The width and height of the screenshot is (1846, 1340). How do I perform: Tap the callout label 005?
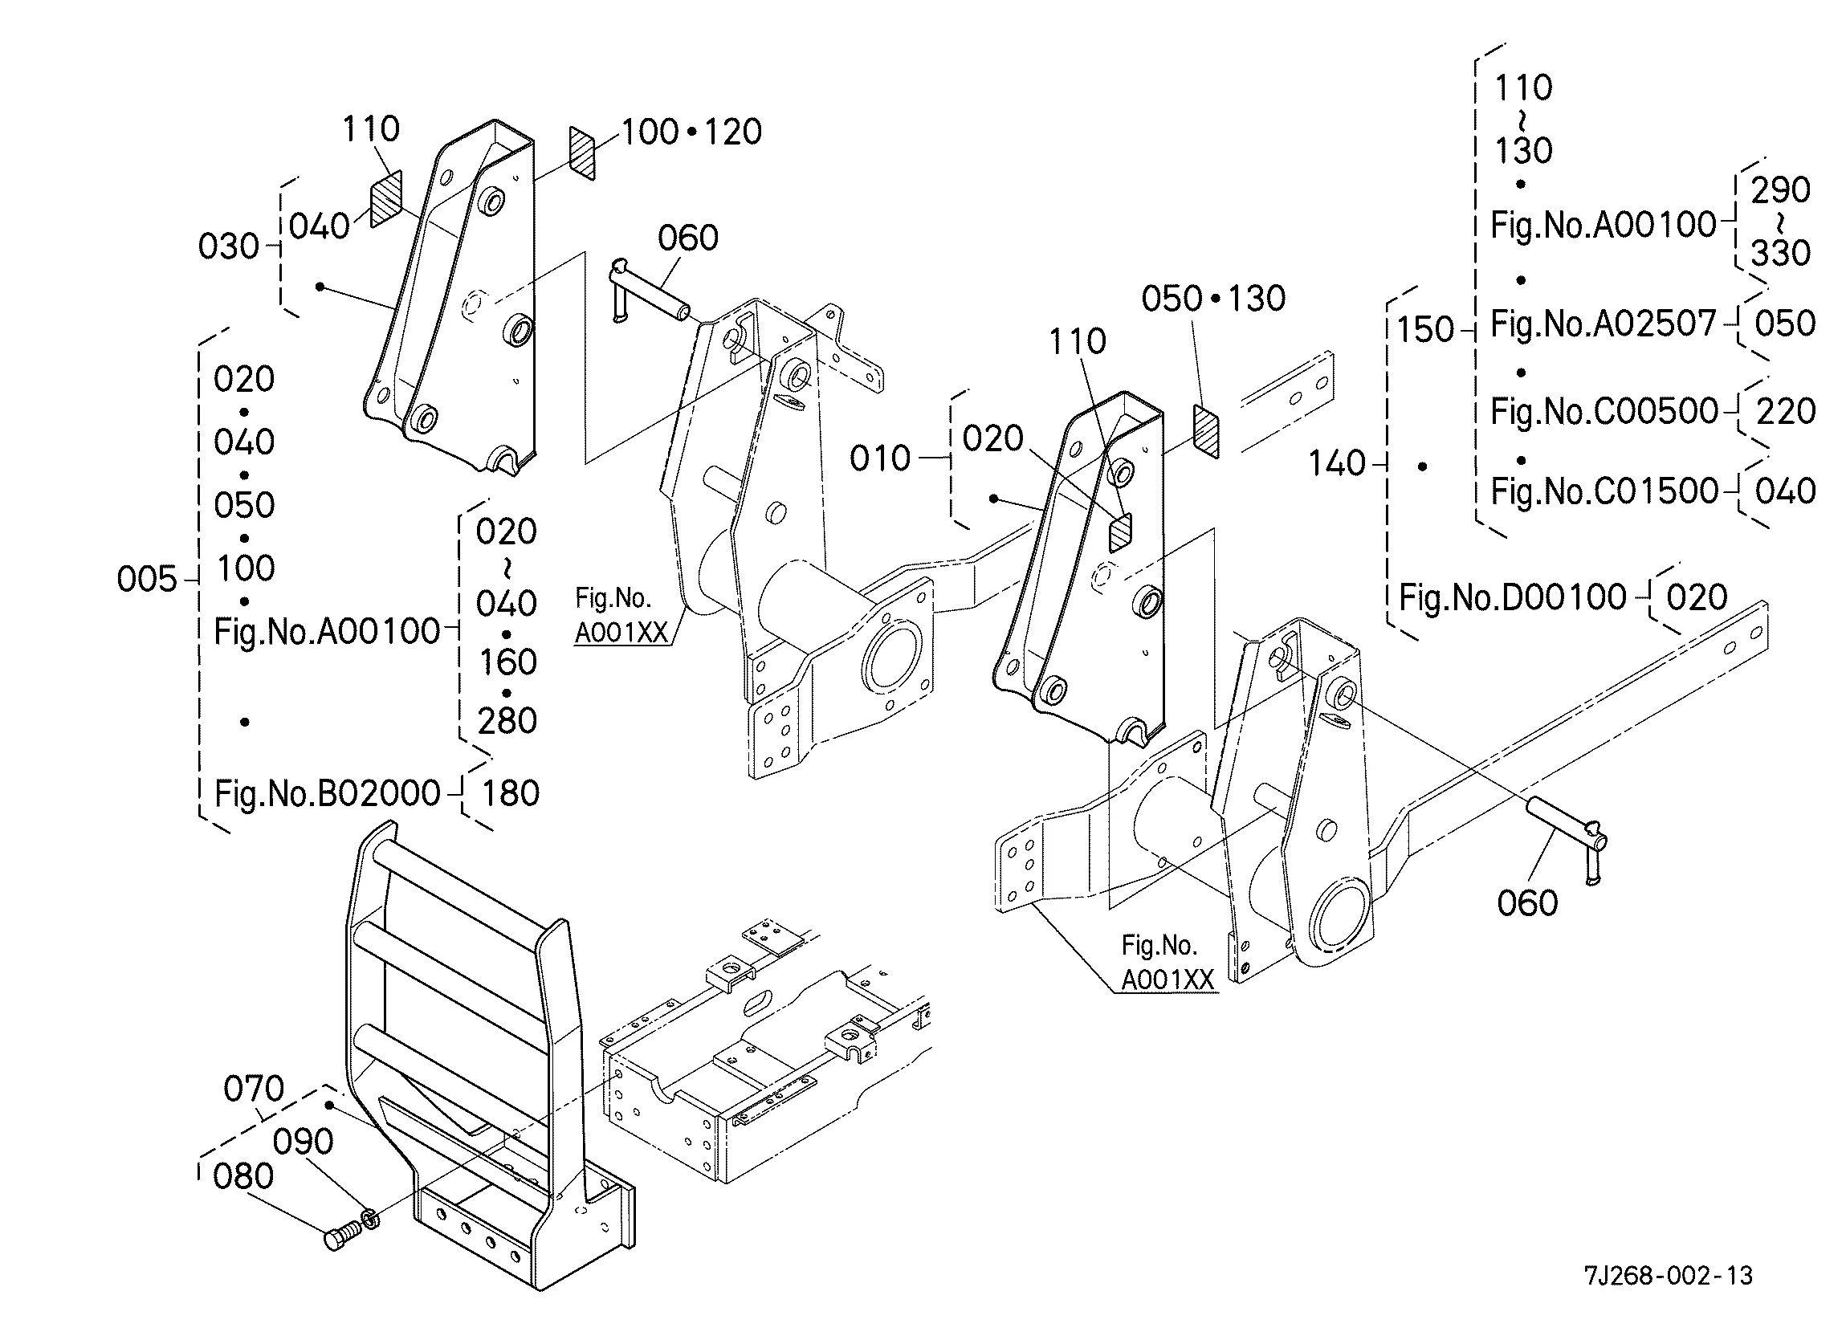[x=146, y=580]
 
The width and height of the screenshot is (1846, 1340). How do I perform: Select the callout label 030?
[x=229, y=246]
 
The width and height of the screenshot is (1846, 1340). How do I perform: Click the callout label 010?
[x=880, y=459]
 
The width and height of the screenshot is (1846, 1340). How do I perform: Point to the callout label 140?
[x=1336, y=464]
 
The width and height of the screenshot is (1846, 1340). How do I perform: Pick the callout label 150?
[x=1425, y=330]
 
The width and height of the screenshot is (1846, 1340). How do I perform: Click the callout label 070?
[x=254, y=1089]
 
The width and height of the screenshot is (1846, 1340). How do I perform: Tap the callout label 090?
[x=303, y=1142]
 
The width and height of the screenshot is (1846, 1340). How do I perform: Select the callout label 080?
[x=243, y=1176]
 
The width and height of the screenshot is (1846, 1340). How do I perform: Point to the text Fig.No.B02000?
[x=327, y=793]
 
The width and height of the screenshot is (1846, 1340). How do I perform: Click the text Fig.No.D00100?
[x=1512, y=597]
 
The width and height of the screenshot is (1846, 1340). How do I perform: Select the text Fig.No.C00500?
[x=1604, y=411]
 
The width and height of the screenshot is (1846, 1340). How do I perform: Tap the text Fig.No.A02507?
[x=1604, y=324]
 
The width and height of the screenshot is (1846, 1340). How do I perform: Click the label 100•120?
[x=692, y=132]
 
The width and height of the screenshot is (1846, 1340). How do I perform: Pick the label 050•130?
[x=1213, y=299]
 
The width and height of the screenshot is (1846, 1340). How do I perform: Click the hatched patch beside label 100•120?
[x=583, y=153]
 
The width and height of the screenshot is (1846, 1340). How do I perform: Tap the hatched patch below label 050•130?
[x=1206, y=430]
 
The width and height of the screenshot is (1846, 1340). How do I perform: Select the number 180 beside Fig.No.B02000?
[x=511, y=793]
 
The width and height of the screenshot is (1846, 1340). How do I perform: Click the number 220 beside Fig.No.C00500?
[x=1786, y=411]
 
